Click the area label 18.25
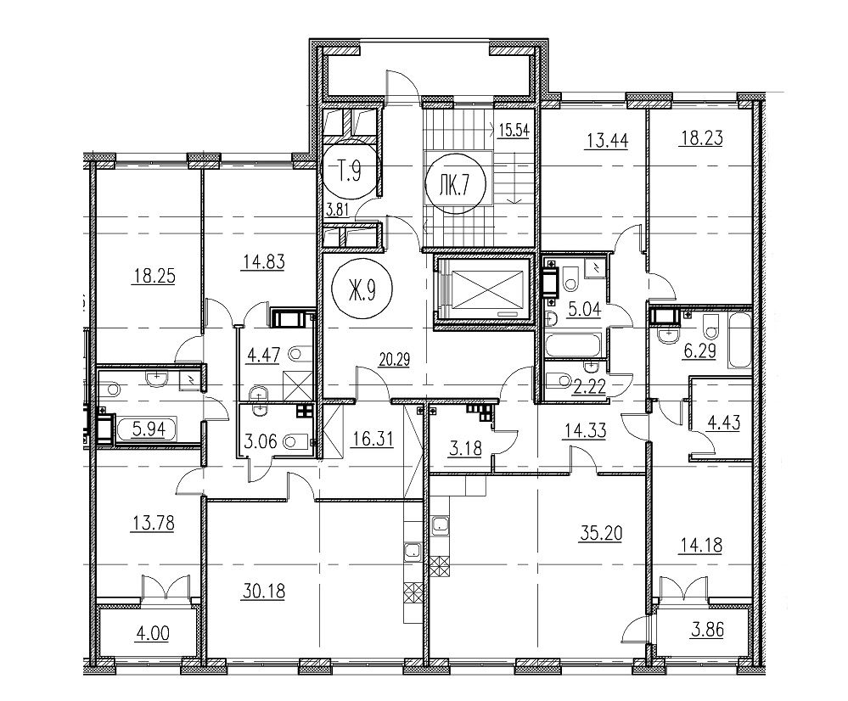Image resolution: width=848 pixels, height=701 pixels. (154, 277)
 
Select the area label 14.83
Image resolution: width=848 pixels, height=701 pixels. (264, 261)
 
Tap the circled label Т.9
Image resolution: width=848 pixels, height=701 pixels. (350, 171)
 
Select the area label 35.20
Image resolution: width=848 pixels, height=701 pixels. (601, 533)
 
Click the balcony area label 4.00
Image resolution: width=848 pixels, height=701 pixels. (152, 633)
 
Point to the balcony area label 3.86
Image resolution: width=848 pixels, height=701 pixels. (707, 630)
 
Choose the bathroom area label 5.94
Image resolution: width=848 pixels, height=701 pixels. (154, 430)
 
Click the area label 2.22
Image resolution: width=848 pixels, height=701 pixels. (589, 387)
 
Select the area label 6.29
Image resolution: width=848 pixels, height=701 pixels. (700, 351)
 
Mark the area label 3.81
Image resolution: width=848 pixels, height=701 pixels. (335, 210)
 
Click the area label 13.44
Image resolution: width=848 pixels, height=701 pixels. (607, 141)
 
